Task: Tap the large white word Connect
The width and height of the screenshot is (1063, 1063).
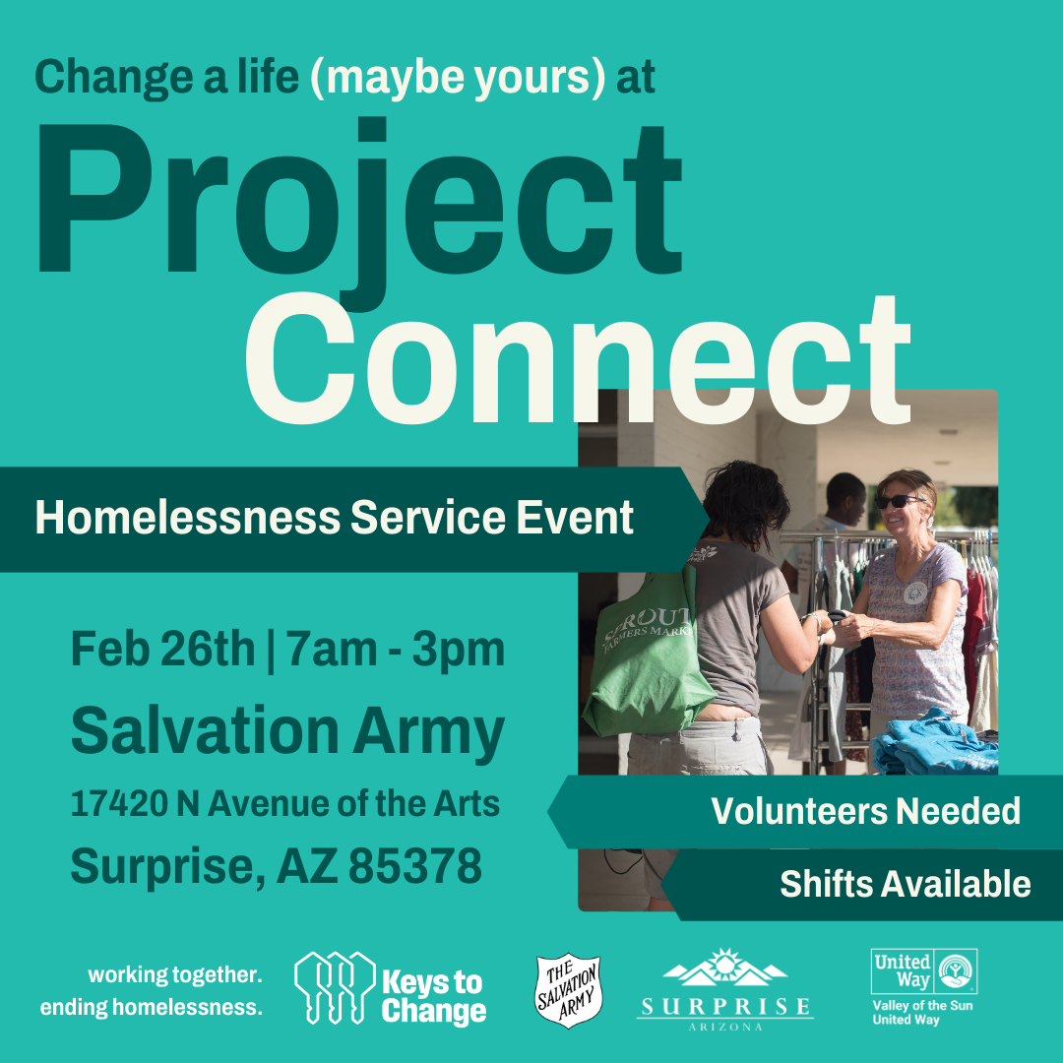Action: [577, 359]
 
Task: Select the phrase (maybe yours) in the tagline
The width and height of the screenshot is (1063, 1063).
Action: [458, 78]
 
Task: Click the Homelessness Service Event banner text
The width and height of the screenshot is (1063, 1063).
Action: [335, 518]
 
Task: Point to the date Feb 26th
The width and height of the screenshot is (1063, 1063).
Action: [162, 649]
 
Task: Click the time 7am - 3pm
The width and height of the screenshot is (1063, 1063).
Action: [396, 649]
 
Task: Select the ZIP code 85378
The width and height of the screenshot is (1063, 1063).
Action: [415, 866]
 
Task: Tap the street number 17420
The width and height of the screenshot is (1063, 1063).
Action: [119, 804]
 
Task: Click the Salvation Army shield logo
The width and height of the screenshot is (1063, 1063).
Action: [569, 990]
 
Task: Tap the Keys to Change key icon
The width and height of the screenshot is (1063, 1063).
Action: [335, 987]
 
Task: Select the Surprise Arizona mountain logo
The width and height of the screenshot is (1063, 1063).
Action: [724, 989]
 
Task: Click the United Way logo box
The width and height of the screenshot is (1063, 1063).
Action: [924, 971]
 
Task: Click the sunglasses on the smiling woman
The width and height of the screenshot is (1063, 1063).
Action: [899, 502]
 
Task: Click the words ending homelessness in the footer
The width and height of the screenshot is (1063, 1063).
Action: [152, 1008]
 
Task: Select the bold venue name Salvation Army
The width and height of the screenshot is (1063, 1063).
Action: [287, 732]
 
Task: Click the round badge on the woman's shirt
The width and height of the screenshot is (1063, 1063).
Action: [915, 594]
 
